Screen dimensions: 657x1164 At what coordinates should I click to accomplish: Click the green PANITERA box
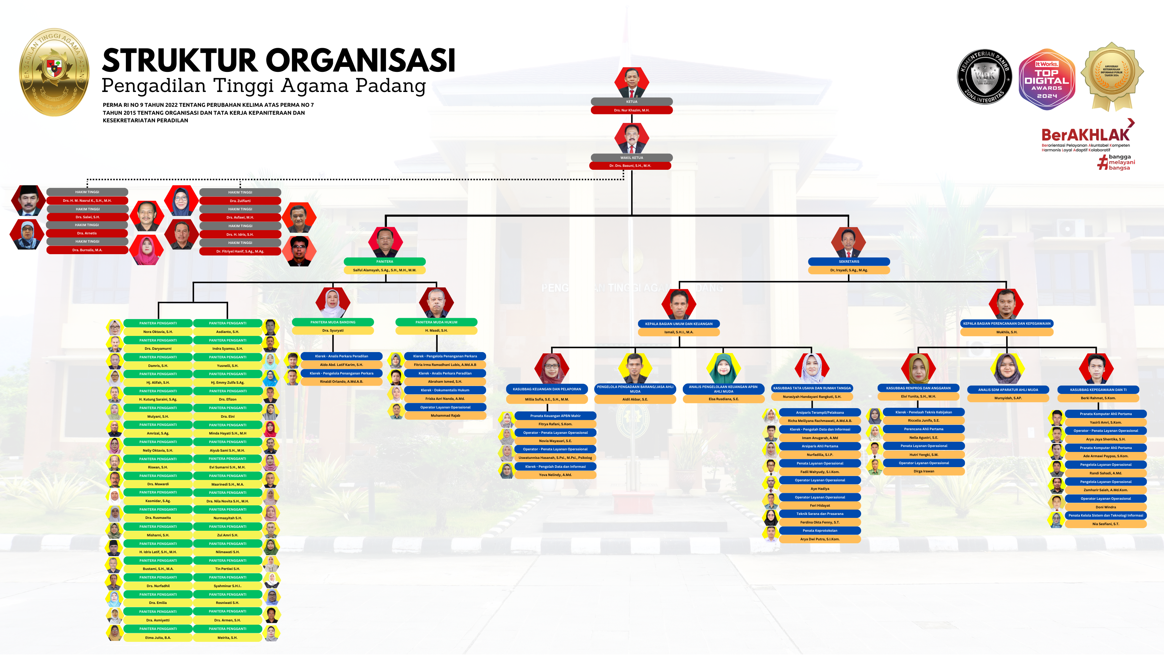pos(385,262)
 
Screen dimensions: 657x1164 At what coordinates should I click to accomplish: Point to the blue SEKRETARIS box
pos(849,262)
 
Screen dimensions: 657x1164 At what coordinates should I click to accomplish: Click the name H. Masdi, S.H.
pos(436,331)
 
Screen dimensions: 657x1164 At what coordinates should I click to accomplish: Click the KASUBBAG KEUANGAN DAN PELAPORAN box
pos(547,389)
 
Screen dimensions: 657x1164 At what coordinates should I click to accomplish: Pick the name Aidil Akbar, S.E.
pos(635,400)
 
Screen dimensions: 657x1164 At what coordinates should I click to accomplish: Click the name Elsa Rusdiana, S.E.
pos(723,400)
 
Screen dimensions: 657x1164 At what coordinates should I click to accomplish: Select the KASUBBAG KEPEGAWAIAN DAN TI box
pos(1098,390)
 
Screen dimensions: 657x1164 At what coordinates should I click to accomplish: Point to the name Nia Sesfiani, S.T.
pos(1105,524)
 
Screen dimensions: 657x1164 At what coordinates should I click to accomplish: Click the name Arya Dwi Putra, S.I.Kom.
pos(820,539)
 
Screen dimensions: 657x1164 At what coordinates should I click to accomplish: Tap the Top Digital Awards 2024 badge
pos(1047,79)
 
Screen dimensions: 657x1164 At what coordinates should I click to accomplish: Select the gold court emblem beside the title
pos(54,72)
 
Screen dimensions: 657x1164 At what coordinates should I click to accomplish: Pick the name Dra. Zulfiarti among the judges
pos(240,201)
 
